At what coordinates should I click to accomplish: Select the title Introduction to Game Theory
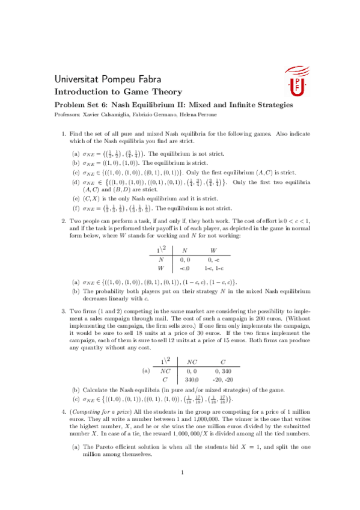tap(118, 92)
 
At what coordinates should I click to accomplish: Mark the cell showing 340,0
tap(192, 380)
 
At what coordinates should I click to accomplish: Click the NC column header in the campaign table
tap(192, 361)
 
